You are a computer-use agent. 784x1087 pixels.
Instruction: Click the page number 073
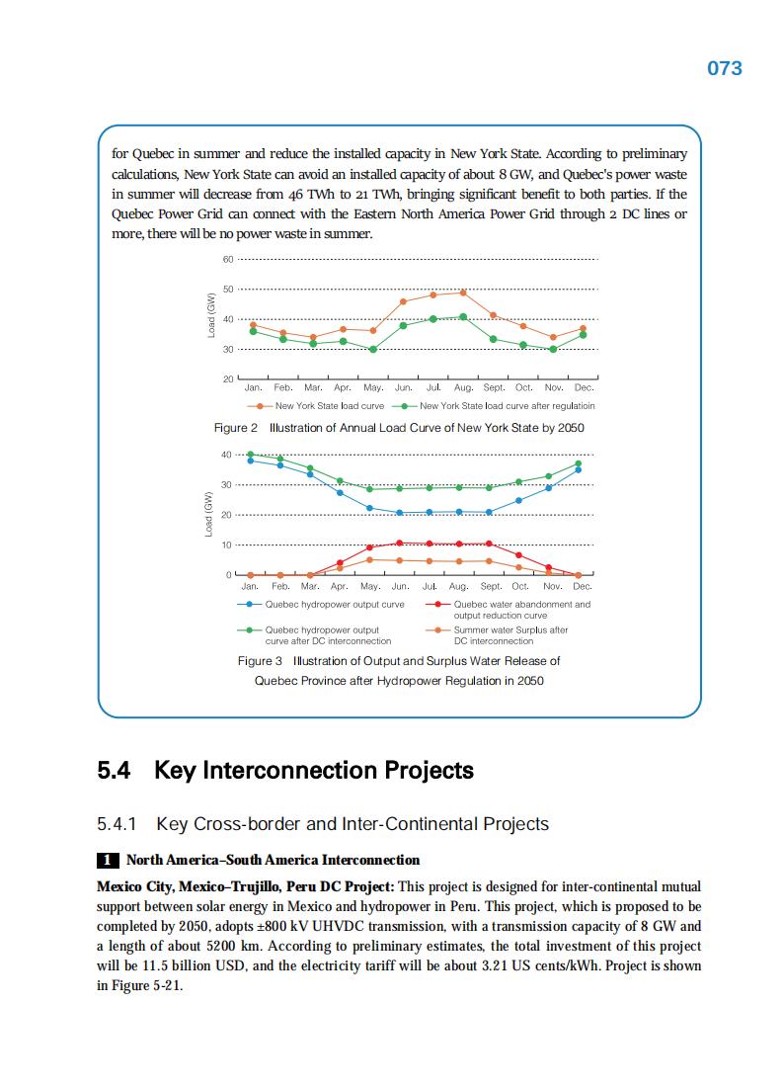coord(725,68)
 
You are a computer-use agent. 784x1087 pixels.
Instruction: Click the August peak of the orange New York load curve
coord(463,293)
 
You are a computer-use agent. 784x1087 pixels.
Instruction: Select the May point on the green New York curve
coord(373,349)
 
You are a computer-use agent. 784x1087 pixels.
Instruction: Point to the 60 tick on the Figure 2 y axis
coord(227,260)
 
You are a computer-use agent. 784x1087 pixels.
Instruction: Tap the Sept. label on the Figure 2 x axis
coord(493,388)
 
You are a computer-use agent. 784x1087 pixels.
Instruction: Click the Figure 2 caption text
coord(399,428)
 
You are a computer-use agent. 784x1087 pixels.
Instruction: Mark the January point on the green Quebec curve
coord(251,455)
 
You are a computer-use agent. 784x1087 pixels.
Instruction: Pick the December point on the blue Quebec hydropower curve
coord(579,469)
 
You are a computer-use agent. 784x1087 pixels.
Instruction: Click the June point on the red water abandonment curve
coord(399,543)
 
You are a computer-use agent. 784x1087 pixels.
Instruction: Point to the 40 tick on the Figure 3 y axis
coord(227,455)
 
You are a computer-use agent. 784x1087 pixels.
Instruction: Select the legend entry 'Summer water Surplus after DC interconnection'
coord(510,634)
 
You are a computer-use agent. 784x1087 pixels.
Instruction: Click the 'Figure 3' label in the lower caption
coord(260,660)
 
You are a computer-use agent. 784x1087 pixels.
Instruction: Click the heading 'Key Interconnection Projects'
coord(314,770)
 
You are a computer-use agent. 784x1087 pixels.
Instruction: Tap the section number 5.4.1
coord(117,824)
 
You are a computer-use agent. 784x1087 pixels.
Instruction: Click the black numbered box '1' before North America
coord(107,860)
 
